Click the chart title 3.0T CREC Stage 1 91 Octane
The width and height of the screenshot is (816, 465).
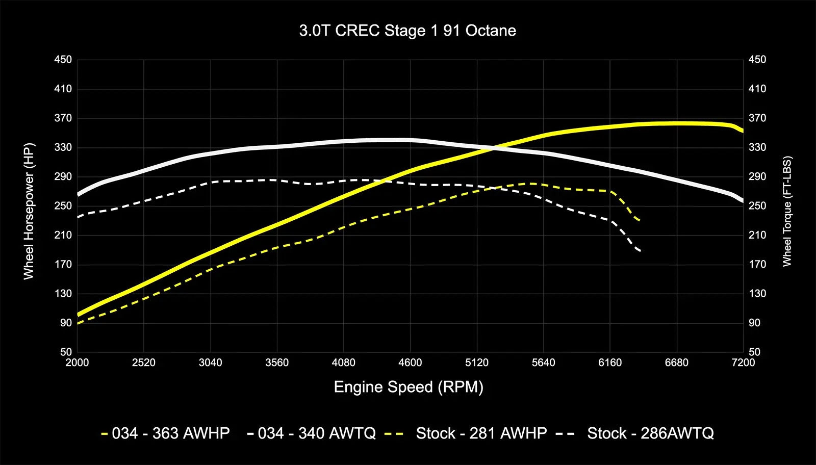(407, 31)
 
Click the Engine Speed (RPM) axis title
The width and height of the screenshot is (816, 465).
(409, 387)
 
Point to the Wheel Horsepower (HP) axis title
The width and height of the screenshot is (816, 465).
(29, 211)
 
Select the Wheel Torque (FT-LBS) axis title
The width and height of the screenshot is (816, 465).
(787, 211)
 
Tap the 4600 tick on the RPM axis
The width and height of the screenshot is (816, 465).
(410, 363)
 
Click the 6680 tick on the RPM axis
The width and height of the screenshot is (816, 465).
(676, 363)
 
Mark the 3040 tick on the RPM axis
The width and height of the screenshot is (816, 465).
(210, 363)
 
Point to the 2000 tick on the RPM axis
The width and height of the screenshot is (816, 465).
(77, 363)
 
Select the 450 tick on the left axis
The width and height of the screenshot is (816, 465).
(63, 60)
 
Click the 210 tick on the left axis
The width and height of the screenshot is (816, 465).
(63, 235)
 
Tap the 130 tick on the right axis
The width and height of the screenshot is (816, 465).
(757, 294)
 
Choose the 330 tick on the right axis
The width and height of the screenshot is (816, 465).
(757, 147)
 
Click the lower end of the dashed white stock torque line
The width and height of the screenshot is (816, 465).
(640, 251)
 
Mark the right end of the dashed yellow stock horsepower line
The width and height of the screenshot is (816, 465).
(640, 220)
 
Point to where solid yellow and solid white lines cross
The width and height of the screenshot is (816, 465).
(494, 148)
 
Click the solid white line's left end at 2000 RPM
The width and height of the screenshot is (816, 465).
(78, 194)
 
